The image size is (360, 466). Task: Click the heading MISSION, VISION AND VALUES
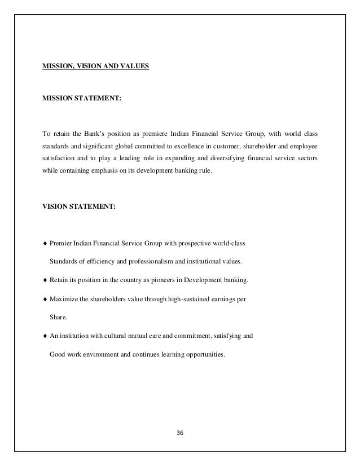coord(95,65)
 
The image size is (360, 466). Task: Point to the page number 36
coord(180,433)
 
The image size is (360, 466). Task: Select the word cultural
coord(121,336)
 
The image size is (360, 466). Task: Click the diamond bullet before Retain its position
coord(45,280)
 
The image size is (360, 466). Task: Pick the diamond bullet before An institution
coord(45,336)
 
